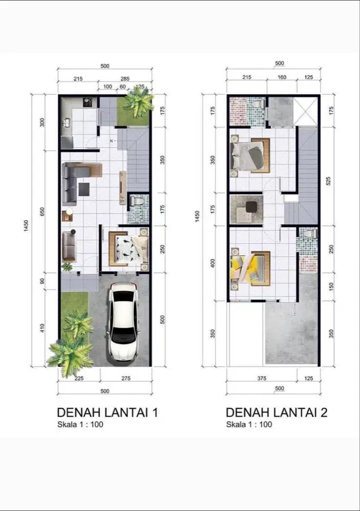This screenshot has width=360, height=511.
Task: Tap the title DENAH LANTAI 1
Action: click(x=107, y=412)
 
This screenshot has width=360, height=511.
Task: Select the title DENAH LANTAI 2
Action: click(x=276, y=412)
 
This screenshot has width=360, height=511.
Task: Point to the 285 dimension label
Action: click(x=124, y=79)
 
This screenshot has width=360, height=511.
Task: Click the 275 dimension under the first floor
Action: click(x=125, y=379)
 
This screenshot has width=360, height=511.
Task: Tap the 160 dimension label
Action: click(x=282, y=78)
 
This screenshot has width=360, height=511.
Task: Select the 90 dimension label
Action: click(x=42, y=280)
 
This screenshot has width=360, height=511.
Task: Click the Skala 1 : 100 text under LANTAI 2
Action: click(x=249, y=425)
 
